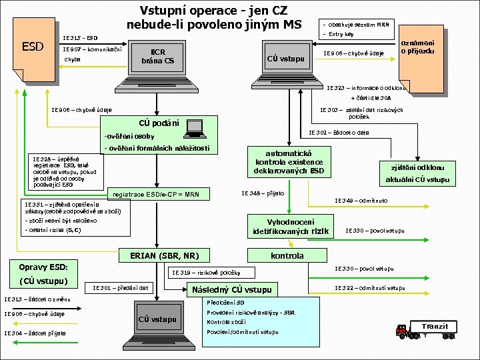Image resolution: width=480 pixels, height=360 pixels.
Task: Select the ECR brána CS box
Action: click(x=158, y=57)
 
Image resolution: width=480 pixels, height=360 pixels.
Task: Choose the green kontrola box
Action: click(x=287, y=255)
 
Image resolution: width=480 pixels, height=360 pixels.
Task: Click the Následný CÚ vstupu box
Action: click(x=231, y=289)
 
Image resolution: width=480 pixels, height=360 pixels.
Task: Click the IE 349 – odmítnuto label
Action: click(x=361, y=200)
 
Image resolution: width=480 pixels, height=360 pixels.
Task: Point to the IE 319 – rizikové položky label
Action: click(x=211, y=272)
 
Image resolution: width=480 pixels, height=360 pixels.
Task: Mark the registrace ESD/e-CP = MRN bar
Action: click(x=156, y=195)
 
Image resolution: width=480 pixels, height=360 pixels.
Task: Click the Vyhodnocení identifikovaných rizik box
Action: click(x=291, y=227)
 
